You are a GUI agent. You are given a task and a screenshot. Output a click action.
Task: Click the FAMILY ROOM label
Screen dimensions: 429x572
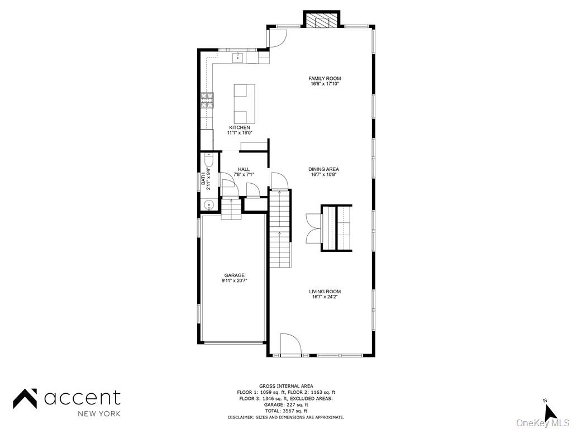(x=325, y=79)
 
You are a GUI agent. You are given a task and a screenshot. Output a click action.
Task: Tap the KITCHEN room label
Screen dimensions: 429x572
(x=239, y=128)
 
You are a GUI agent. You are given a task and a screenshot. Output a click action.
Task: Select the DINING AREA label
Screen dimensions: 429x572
(x=324, y=169)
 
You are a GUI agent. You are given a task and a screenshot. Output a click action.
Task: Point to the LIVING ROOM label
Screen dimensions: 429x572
(x=325, y=292)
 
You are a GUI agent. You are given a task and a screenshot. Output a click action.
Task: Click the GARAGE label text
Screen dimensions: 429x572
(x=235, y=275)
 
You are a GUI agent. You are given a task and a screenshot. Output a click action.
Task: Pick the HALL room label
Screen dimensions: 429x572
(x=244, y=169)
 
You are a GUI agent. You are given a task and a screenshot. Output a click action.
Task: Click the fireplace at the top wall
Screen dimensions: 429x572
(x=322, y=20)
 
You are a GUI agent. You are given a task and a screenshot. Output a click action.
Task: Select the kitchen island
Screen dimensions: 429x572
(x=244, y=104)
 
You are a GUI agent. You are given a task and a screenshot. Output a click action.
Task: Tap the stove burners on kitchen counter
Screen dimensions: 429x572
(x=207, y=100)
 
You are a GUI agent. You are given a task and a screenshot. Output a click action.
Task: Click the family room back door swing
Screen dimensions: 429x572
(x=277, y=37)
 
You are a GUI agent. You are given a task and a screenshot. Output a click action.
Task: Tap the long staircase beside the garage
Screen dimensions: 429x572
(x=280, y=229)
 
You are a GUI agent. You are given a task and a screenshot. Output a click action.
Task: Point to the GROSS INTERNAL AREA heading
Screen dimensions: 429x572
(x=286, y=386)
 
